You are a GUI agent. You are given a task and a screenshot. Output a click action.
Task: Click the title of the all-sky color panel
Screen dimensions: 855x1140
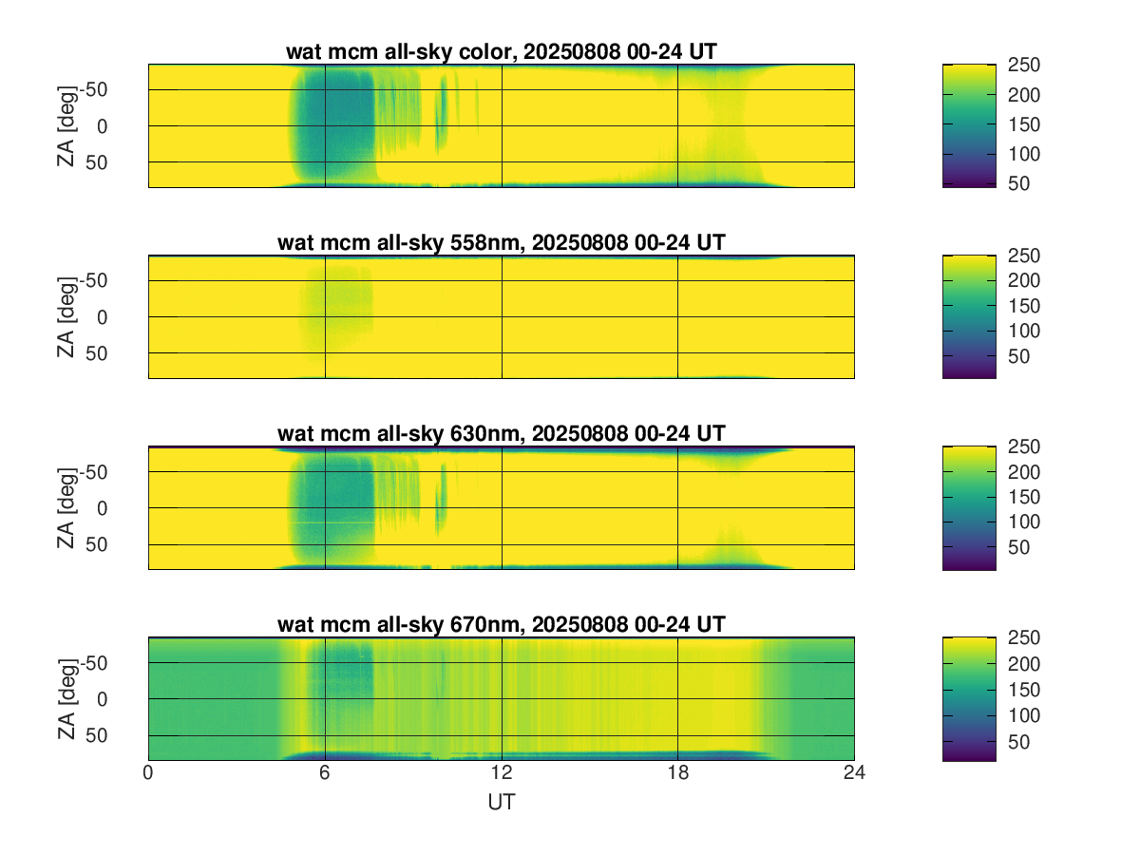coord(501,53)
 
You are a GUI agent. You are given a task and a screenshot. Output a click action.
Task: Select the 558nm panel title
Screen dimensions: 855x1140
coord(501,243)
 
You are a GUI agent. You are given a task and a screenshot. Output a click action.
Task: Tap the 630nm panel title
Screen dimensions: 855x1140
coord(501,434)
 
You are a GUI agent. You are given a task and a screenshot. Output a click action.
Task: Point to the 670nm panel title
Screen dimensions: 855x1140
coord(501,624)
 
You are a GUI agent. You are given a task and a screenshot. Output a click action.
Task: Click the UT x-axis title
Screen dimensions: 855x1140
coord(502,803)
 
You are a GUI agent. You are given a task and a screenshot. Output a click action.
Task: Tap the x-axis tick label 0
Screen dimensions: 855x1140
coord(148,774)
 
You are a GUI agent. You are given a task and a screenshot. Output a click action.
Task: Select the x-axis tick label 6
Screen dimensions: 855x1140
coord(325,774)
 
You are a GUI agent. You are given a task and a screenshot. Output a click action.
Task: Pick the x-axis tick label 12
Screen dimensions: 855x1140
coord(502,774)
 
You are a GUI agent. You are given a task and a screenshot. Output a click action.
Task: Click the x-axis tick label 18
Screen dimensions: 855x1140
coord(677,774)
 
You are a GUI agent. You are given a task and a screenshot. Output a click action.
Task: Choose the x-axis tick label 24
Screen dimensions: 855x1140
coord(854,774)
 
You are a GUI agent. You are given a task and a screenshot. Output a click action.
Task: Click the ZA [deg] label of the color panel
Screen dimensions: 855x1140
coord(66,125)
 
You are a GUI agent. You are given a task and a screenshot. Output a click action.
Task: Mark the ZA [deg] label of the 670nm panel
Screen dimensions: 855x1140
coord(66,698)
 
